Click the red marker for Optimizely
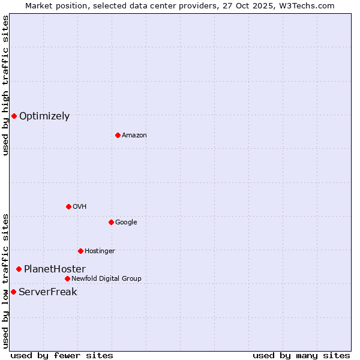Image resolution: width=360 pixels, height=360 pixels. pyautogui.click(x=14, y=116)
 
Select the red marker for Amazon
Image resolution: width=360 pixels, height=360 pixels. pyautogui.click(x=118, y=135)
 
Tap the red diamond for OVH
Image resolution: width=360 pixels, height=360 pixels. pyautogui.click(x=68, y=206)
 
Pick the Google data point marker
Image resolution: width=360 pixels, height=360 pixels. pyautogui.click(x=111, y=222)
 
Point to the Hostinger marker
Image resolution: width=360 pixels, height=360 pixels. pyautogui.click(x=80, y=251)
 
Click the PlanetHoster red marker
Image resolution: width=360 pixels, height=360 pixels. pyautogui.click(x=19, y=269)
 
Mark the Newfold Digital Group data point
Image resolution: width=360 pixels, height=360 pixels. pyautogui.click(x=67, y=278)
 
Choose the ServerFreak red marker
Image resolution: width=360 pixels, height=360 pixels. pyautogui.click(x=13, y=292)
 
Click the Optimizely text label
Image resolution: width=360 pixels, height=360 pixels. pyautogui.click(x=44, y=116)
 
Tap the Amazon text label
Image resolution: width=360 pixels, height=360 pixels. pyautogui.click(x=134, y=136)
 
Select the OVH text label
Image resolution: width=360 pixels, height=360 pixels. pyautogui.click(x=80, y=207)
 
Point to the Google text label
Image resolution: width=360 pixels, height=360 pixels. pyautogui.click(x=126, y=223)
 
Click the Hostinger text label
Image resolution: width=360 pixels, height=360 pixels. pyautogui.click(x=100, y=251)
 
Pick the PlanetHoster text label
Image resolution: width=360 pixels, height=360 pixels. pyautogui.click(x=55, y=269)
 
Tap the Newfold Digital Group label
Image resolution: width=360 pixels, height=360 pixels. pyautogui.click(x=106, y=279)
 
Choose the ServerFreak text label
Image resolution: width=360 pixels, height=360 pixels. pyautogui.click(x=48, y=292)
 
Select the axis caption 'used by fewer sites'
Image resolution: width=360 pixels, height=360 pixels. pyautogui.click(x=62, y=355)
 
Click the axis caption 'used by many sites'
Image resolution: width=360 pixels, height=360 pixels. pyautogui.click(x=301, y=355)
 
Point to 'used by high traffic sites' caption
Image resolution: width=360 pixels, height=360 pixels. pyautogui.click(x=5, y=86)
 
